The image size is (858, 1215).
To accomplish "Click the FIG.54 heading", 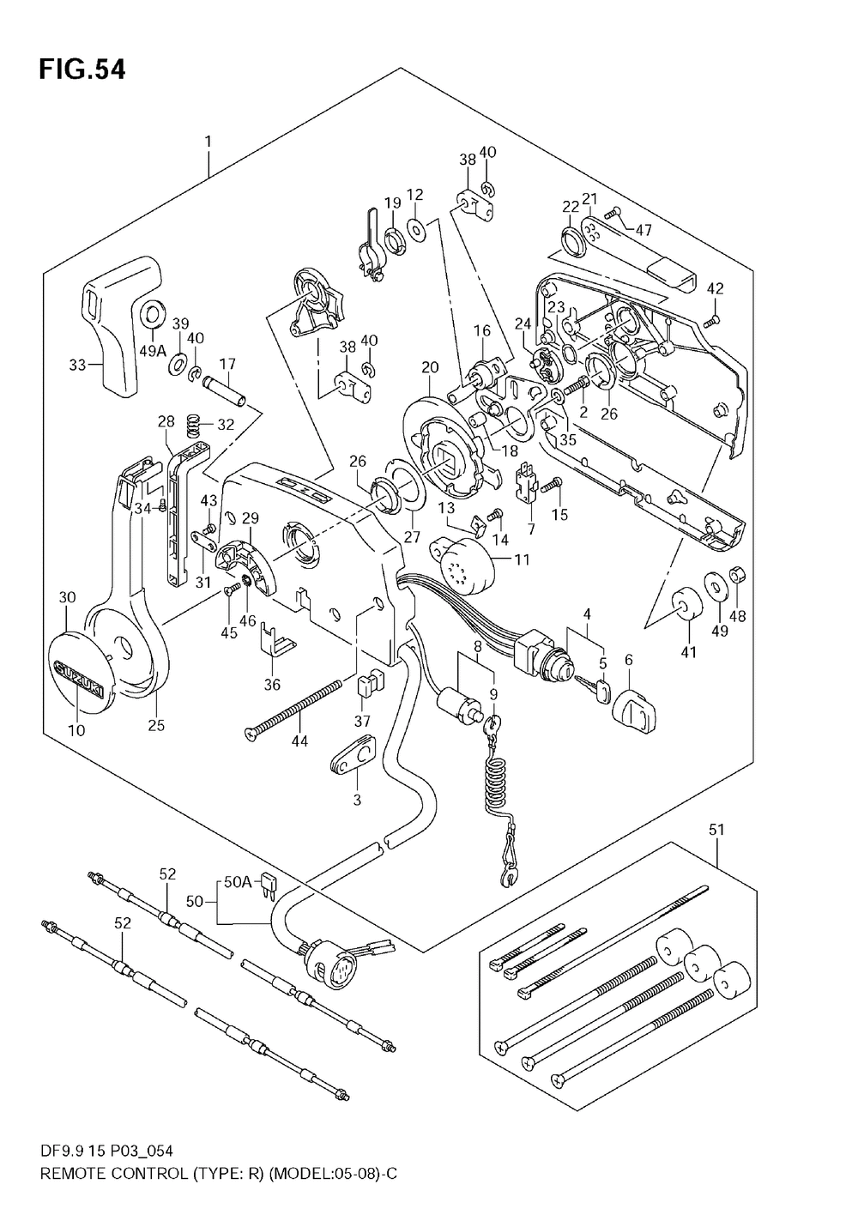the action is [x=82, y=70].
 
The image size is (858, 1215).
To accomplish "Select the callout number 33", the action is [x=77, y=365].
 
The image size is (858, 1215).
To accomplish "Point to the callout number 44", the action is [x=299, y=740].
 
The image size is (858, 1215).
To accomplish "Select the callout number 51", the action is [x=716, y=830].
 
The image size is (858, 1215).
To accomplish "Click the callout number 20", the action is [x=430, y=367].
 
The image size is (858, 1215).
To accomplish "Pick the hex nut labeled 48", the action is [x=737, y=573].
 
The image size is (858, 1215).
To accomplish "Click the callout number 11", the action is [x=522, y=559].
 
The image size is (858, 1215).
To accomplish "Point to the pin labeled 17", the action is [x=224, y=395].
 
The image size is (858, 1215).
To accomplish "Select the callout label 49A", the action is [x=153, y=352].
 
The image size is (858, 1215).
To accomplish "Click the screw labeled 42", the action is [x=711, y=321].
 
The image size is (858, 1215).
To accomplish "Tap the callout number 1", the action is [x=208, y=142].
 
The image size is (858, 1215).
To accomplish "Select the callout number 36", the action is [x=272, y=685].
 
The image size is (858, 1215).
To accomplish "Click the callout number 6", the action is [x=629, y=660].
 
